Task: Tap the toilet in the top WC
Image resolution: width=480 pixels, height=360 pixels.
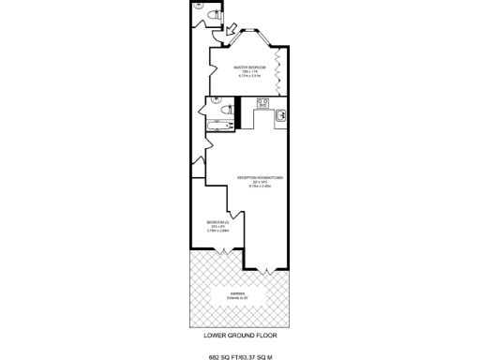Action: tap(214, 16)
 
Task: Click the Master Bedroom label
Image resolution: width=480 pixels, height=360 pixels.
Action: tap(250, 68)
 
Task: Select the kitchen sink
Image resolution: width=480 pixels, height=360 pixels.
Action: tap(279, 116)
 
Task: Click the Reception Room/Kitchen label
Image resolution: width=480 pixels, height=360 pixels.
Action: tap(260, 177)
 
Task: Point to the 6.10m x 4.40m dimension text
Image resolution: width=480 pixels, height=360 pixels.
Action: tap(260, 186)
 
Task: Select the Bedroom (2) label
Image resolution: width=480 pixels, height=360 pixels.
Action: tap(218, 221)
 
